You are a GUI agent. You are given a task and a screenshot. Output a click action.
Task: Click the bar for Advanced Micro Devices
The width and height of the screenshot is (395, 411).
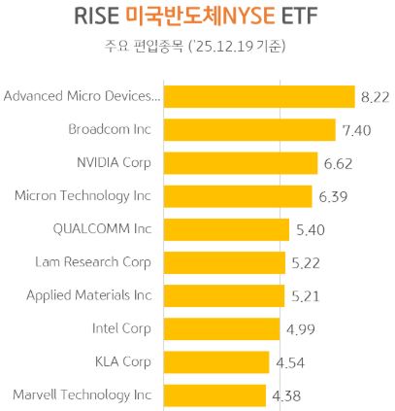257,96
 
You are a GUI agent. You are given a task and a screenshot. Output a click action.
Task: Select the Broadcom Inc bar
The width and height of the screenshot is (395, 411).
248,129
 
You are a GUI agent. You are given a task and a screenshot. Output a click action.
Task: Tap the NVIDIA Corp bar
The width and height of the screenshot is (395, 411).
240,162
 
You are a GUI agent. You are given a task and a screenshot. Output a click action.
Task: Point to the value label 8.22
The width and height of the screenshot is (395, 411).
375,97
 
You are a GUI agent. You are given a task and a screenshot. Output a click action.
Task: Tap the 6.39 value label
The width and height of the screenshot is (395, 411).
334,197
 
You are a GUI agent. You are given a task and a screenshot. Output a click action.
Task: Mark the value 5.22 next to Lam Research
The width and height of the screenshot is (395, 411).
307,263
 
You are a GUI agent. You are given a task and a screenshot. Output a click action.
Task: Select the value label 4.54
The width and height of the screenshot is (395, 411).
289,363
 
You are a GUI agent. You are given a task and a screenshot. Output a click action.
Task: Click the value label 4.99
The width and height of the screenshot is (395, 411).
300,330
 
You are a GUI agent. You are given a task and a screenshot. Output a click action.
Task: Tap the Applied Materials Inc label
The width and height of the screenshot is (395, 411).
89,295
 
